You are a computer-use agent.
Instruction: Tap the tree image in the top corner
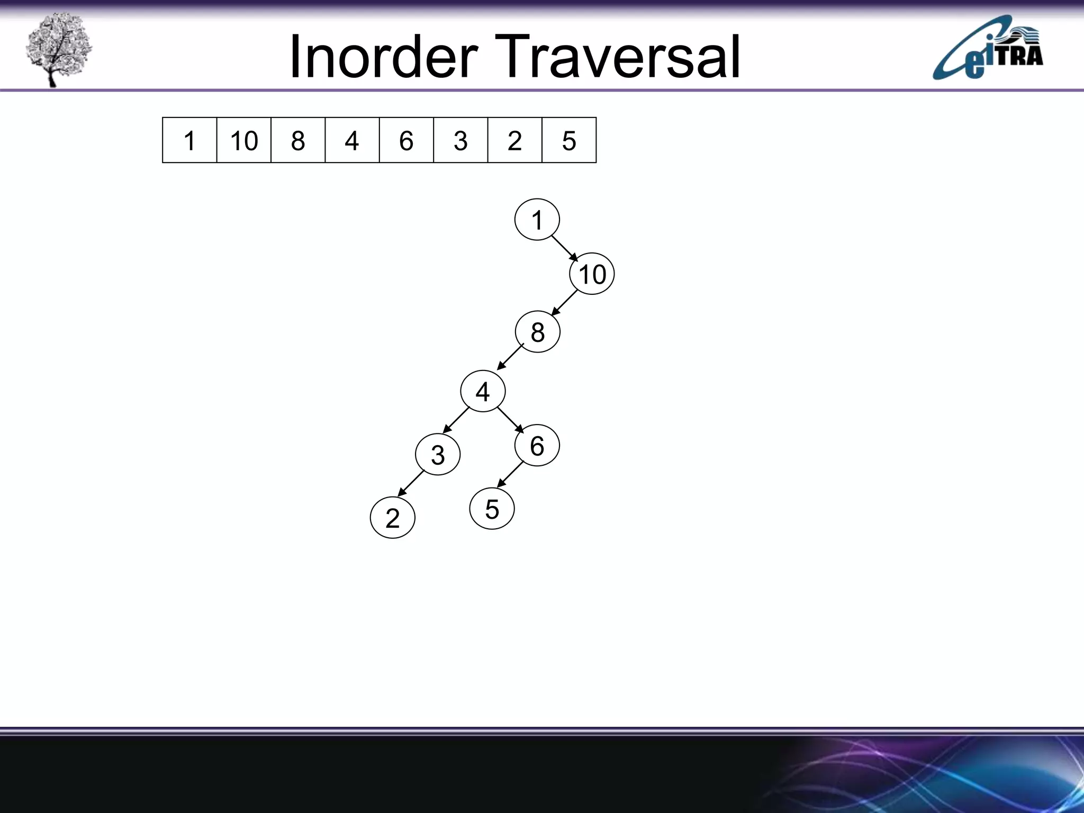58,49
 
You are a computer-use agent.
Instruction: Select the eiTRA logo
988,48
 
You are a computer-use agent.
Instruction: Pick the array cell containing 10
243,140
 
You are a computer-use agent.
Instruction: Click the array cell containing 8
298,140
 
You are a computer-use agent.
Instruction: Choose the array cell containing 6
406,140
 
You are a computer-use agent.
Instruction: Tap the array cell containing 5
569,140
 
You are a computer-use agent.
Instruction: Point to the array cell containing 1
189,140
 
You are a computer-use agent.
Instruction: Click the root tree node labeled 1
537,220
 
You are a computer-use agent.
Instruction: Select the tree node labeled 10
592,274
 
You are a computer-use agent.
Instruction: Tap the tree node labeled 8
537,332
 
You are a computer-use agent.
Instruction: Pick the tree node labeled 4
483,392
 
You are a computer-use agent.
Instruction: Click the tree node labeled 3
438,455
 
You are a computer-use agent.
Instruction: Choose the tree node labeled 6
537,446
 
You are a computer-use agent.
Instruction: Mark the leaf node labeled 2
392,518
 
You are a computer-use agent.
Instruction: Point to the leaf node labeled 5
492,509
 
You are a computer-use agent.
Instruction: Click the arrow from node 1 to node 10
565,248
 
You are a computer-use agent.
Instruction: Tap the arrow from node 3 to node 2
411,483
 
